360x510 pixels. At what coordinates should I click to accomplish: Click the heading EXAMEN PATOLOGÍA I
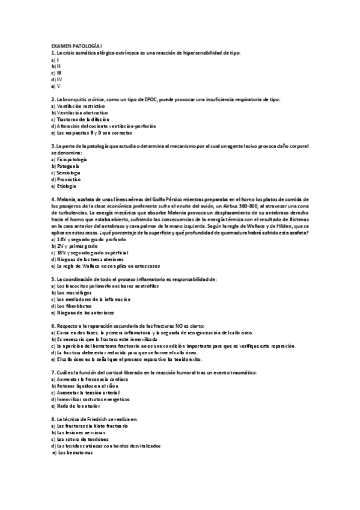[x=77, y=47]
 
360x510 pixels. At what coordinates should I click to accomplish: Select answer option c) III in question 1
[x=56, y=73]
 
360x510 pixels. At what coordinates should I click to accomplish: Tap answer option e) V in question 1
[x=55, y=86]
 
